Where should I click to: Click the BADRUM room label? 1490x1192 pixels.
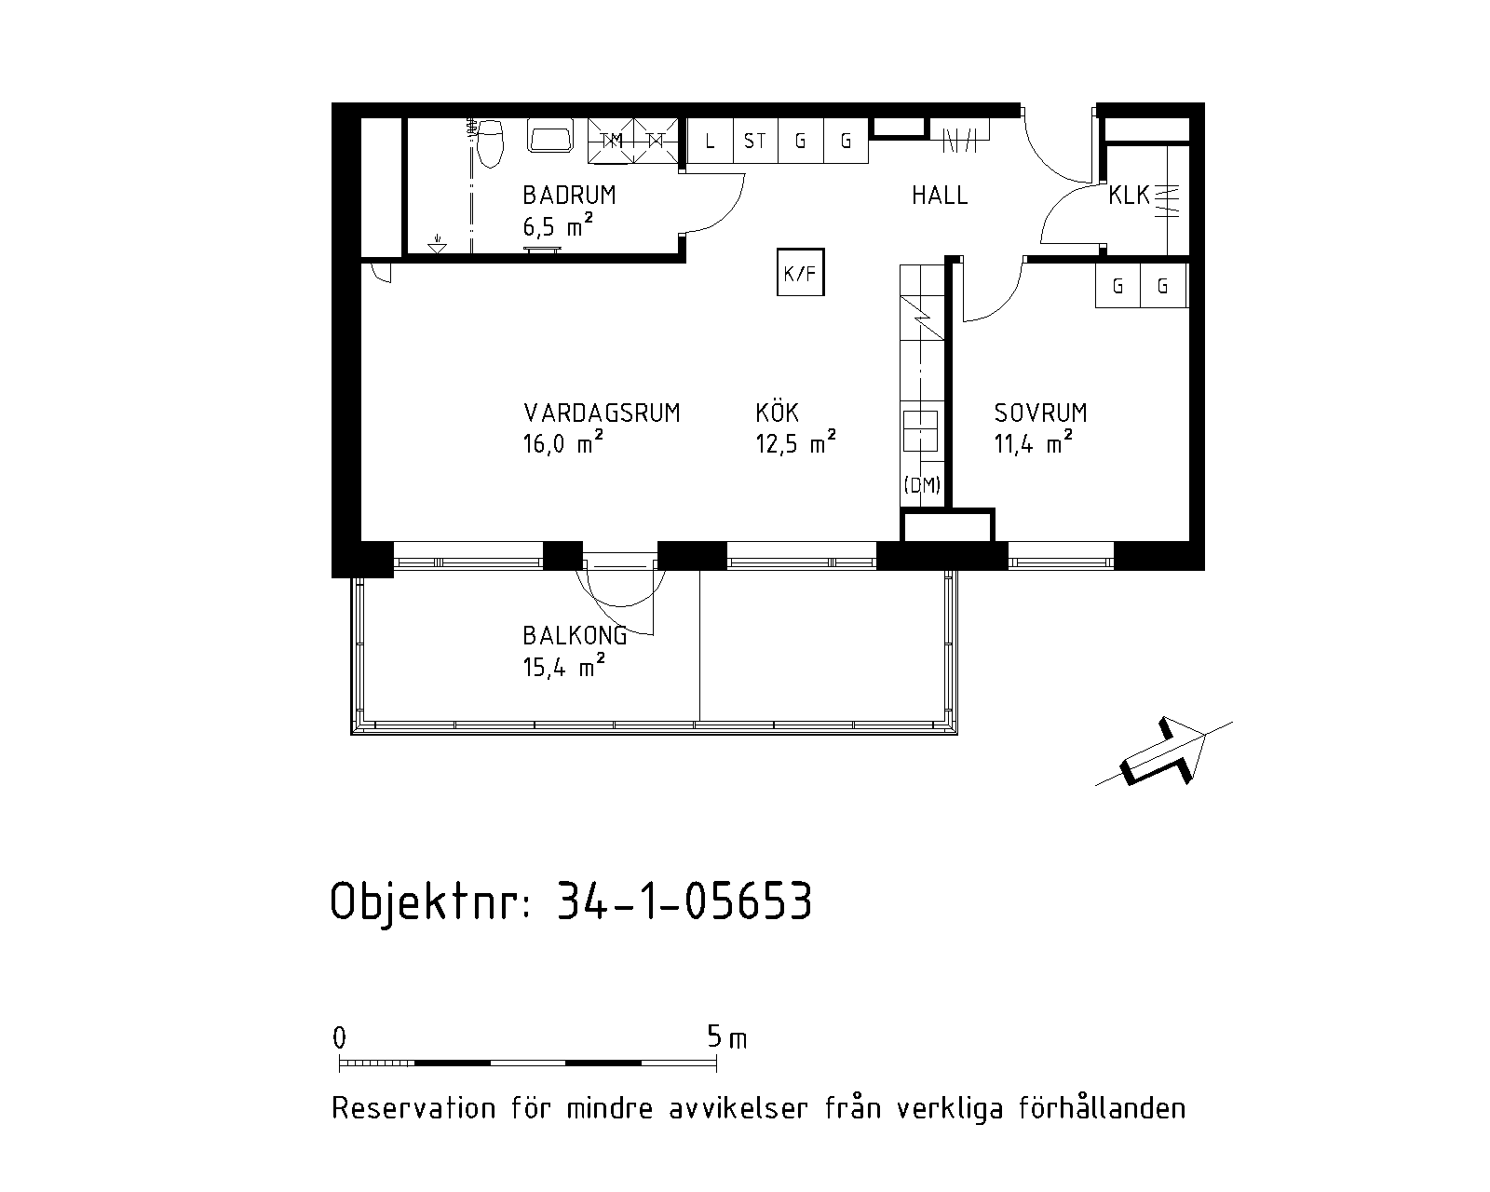(x=569, y=196)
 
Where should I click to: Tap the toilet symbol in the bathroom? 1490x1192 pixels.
(x=490, y=143)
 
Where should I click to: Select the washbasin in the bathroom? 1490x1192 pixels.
(x=550, y=135)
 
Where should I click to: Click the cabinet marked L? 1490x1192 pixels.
(x=710, y=141)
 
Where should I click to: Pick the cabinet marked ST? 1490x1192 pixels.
(x=754, y=141)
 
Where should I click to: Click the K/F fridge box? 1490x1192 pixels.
(x=800, y=272)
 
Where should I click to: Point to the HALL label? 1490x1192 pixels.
(x=940, y=196)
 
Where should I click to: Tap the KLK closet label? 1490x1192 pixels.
(x=1129, y=196)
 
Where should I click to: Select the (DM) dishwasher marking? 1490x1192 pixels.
(x=922, y=485)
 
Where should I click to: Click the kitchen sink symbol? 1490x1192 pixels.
(x=920, y=431)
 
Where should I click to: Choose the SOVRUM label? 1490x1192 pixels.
(x=1040, y=413)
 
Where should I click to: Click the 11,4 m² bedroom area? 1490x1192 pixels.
(x=1034, y=442)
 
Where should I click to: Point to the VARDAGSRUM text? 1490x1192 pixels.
(x=602, y=413)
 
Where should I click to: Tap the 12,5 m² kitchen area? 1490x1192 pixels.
(x=795, y=442)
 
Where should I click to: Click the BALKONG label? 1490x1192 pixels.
(x=575, y=635)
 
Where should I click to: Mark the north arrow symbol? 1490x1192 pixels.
(x=1163, y=752)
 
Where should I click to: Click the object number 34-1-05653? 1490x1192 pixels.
(x=684, y=901)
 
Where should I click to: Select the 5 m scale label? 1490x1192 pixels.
(x=727, y=1036)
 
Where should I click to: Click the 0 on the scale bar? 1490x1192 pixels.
(x=339, y=1037)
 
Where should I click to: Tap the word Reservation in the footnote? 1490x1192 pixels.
(x=414, y=1108)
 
